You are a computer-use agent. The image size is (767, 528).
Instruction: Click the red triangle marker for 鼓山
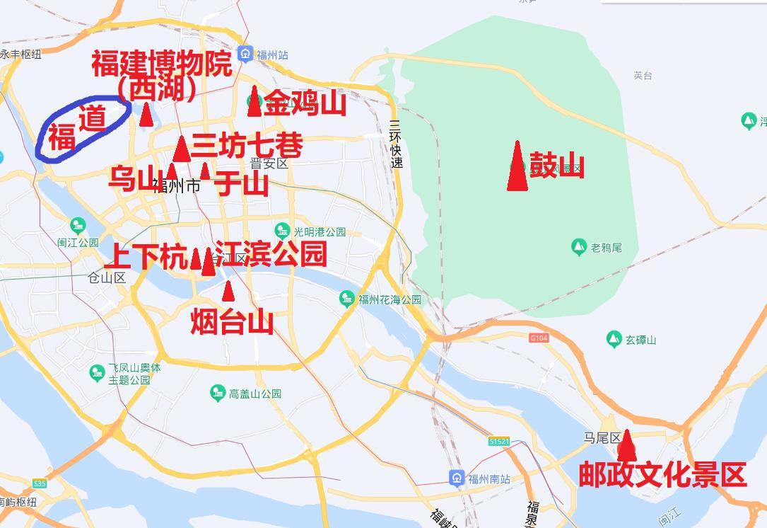(x=517, y=167)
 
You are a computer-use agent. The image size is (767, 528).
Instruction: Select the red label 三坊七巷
(x=247, y=146)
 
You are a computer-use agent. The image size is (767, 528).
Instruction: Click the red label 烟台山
(x=232, y=323)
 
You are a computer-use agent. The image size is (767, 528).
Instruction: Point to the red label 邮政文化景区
(x=662, y=474)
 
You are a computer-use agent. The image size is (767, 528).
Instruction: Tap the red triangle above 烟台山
(x=228, y=291)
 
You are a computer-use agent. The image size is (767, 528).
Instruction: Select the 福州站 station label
(x=272, y=54)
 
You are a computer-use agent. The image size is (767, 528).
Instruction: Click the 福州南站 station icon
(x=457, y=478)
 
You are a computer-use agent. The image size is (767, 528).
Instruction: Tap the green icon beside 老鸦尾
(x=579, y=247)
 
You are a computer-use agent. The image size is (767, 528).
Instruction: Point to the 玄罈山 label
(x=640, y=340)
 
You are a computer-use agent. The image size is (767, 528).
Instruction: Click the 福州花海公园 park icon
(x=347, y=299)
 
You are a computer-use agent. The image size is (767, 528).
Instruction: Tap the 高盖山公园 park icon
(x=218, y=393)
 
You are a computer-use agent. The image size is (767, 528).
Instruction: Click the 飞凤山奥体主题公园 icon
(x=98, y=372)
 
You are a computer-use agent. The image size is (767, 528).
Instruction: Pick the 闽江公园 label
(x=78, y=242)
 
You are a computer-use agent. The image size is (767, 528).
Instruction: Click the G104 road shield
(x=539, y=338)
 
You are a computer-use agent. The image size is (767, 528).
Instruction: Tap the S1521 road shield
(x=498, y=441)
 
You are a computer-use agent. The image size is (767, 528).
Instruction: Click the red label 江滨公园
(x=271, y=254)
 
